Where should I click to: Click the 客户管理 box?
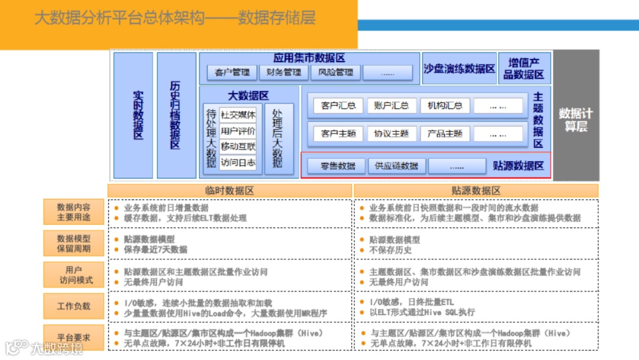coord(232,72)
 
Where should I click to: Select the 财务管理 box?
coord(284,72)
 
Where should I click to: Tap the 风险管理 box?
coord(335,72)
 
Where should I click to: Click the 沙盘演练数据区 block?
coord(459,69)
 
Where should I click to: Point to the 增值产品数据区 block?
coord(524,69)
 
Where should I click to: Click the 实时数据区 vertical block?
coord(134,115)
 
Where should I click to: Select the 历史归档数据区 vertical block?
coord(176,115)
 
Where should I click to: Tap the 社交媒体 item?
coord(238,115)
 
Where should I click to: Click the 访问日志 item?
coord(238,162)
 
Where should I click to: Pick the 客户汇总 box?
coord(338,105)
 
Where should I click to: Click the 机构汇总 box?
coord(445,105)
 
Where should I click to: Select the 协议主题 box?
coord(392,133)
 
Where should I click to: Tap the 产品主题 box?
coord(445,133)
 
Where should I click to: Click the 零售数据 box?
coord(338,166)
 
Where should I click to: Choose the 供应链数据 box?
coord(396,166)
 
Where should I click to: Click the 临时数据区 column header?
coord(229,191)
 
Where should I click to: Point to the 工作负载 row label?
coord(74,306)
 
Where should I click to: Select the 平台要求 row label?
coord(74,337)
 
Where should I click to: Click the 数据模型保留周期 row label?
coord(74,243)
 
